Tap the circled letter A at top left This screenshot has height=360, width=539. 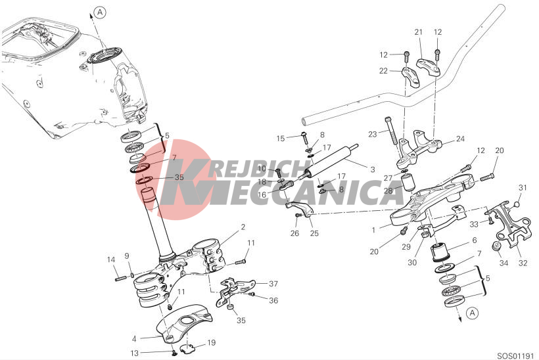(x=100, y=12)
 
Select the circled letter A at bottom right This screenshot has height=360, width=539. (x=473, y=313)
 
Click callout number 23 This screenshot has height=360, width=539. (x=373, y=134)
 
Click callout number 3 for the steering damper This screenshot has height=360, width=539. (x=373, y=169)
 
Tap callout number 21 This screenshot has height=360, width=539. (x=418, y=32)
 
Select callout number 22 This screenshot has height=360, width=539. (x=383, y=71)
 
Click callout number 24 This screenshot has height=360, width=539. (x=460, y=139)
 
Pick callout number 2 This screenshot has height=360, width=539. (x=243, y=227)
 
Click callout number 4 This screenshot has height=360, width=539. (x=134, y=339)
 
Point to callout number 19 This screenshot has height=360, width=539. (x=211, y=342)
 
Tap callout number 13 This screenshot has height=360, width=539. (x=135, y=353)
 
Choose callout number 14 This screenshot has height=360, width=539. (x=110, y=259)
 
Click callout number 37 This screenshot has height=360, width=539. (x=273, y=284)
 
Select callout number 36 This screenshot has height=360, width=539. (x=273, y=301)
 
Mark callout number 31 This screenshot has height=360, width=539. (x=523, y=188)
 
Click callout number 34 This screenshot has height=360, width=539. (x=504, y=263)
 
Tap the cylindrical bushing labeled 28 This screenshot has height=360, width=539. (x=409, y=183)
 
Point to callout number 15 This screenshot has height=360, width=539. (x=281, y=138)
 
